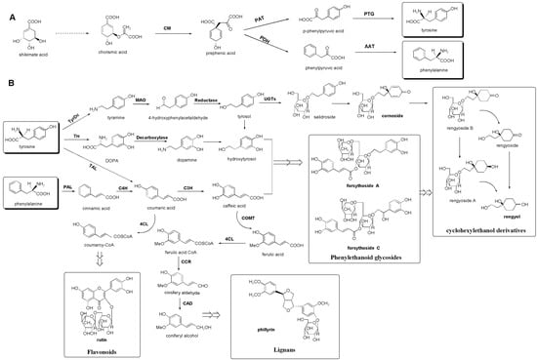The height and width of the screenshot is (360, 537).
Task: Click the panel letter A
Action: click(x=9, y=9)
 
